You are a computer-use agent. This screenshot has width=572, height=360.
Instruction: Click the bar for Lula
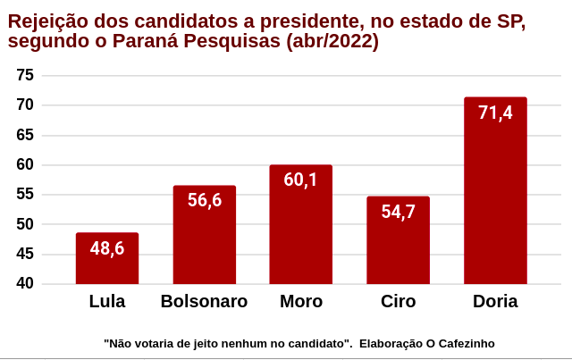point(107,264)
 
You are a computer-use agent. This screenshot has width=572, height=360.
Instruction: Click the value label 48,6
point(107,248)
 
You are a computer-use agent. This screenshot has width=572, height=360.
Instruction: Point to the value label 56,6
point(204,200)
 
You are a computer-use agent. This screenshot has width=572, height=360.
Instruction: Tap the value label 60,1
point(300,180)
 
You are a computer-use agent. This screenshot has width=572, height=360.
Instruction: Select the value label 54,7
point(398,212)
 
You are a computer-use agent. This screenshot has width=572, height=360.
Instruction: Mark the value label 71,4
point(495,113)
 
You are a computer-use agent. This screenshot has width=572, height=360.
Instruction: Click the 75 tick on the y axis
point(25,75)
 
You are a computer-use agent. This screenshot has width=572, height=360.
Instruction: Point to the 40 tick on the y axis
point(25,283)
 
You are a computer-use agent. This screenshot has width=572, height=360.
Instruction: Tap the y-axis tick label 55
point(25,194)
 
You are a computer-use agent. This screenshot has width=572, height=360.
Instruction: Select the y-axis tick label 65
point(25,135)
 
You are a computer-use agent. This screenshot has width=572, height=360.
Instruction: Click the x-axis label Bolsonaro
point(204,302)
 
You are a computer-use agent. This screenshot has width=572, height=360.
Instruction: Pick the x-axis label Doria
point(495,302)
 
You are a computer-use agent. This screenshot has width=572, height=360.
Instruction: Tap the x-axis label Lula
point(107,302)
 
